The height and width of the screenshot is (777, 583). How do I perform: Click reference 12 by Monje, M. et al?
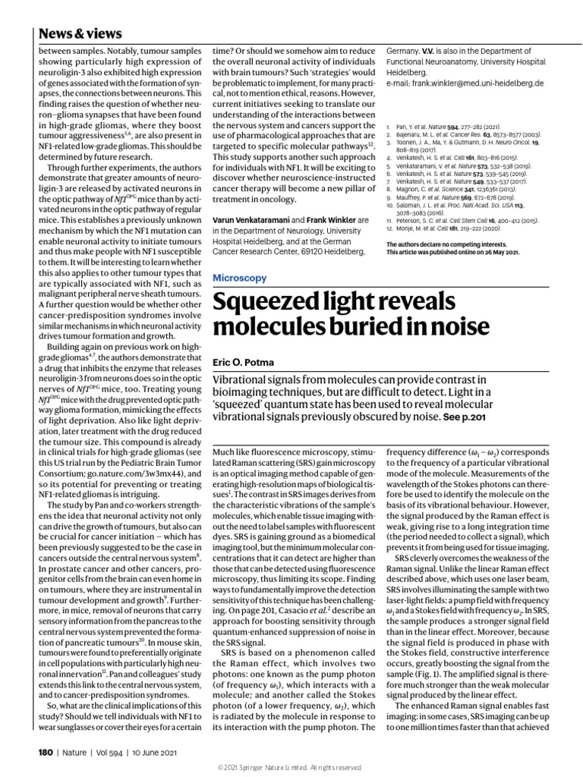coord(450,228)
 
